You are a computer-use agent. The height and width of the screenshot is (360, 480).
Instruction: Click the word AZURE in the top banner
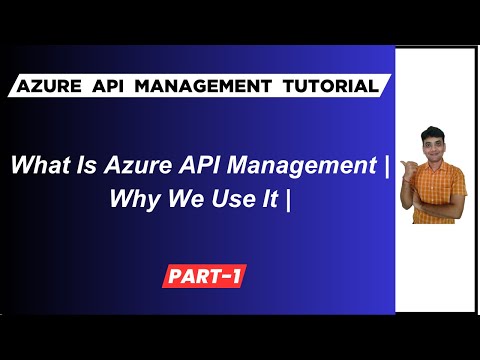[53, 86]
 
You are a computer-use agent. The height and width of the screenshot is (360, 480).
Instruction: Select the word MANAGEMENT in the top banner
[202, 86]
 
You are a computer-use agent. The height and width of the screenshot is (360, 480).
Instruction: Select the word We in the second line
[180, 198]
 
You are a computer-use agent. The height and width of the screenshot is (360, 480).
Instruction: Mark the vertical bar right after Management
[385, 165]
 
